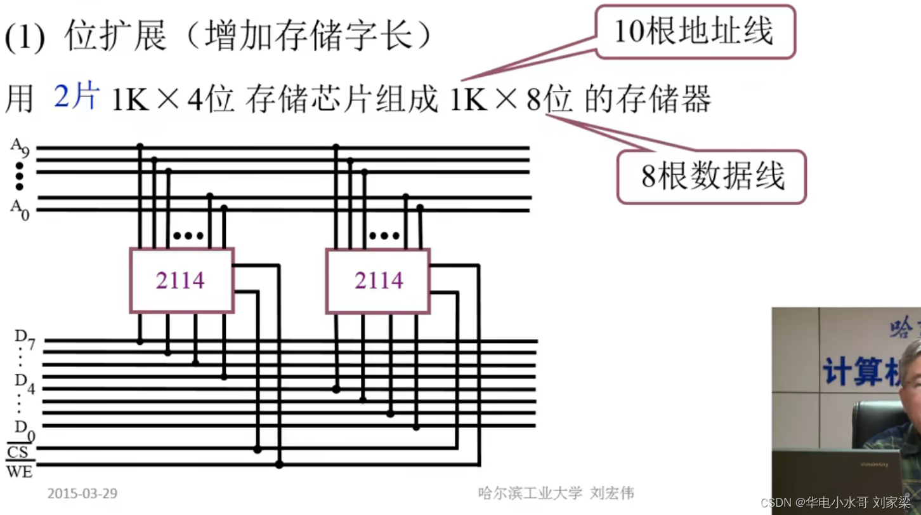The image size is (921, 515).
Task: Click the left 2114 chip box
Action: pyautogui.click(x=182, y=280)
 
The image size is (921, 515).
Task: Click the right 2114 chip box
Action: pyautogui.click(x=378, y=280)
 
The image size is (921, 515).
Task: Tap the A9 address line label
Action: pyautogui.click(x=20, y=147)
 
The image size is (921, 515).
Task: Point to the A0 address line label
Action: pyautogui.click(x=20, y=209)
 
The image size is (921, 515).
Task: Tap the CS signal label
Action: pyautogui.click(x=18, y=452)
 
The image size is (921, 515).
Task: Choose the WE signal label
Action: pyautogui.click(x=19, y=472)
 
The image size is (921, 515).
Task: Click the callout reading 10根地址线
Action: pyautogui.click(x=695, y=32)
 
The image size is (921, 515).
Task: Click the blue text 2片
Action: pyautogui.click(x=77, y=98)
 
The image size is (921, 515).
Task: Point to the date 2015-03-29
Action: pyautogui.click(x=82, y=493)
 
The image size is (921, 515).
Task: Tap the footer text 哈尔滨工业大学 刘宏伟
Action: pyautogui.click(x=556, y=493)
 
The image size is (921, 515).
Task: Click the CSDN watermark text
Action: pyautogui.click(x=835, y=503)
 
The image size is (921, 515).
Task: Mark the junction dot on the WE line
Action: pyautogui.click(x=279, y=465)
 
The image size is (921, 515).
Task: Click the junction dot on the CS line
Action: pyautogui.click(x=257, y=450)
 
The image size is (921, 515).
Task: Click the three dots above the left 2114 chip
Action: pyautogui.click(x=188, y=236)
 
